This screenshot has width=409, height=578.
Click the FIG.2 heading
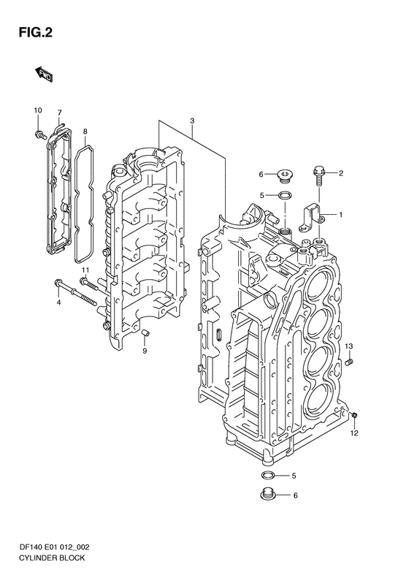(x=36, y=33)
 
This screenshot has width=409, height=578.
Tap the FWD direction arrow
(x=45, y=74)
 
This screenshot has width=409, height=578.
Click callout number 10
(x=38, y=110)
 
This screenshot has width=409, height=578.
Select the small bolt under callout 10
(x=40, y=135)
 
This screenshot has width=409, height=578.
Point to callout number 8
(x=85, y=131)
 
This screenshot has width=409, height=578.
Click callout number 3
(x=192, y=121)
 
